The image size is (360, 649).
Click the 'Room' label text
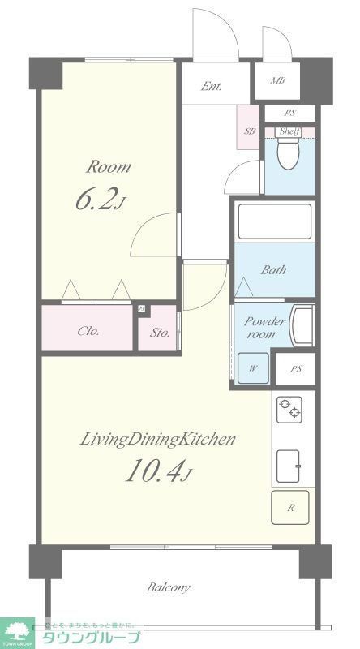pos(109,168)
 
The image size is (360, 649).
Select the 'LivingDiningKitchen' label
pos(157,440)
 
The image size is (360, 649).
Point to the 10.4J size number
pos(157,471)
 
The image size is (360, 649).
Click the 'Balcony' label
pos(168,587)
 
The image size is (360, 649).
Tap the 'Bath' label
pos(272,270)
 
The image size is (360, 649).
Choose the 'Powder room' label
pos(265,328)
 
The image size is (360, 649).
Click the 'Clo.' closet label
pos(88,331)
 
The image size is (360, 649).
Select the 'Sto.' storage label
pos(158,332)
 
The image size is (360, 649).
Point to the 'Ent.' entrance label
pos(212,87)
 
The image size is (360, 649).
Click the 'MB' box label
pos(277,80)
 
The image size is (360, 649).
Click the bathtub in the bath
pos(273,221)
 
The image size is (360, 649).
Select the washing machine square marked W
pos(253,368)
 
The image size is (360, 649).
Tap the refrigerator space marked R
pos(291,509)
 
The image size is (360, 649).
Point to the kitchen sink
pos(290,466)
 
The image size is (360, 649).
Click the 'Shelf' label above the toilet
pos(289,131)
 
